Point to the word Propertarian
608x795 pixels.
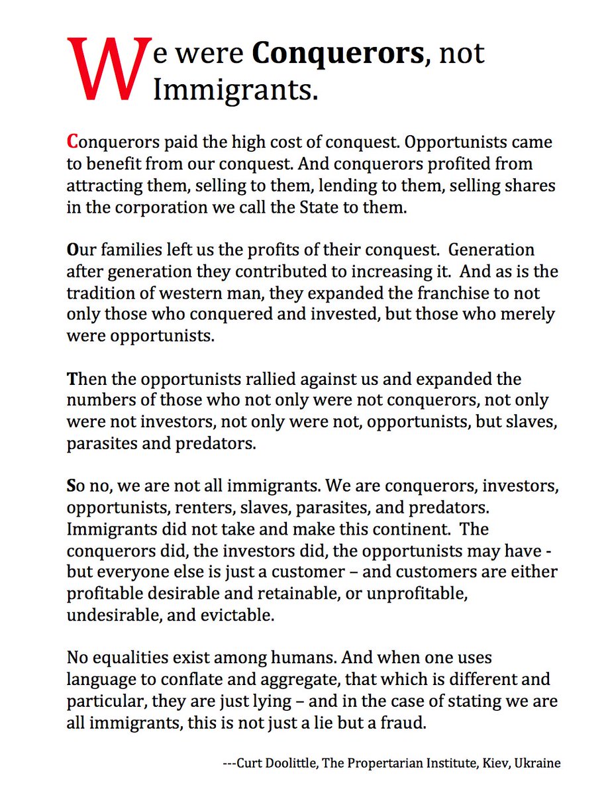click(x=398, y=763)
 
